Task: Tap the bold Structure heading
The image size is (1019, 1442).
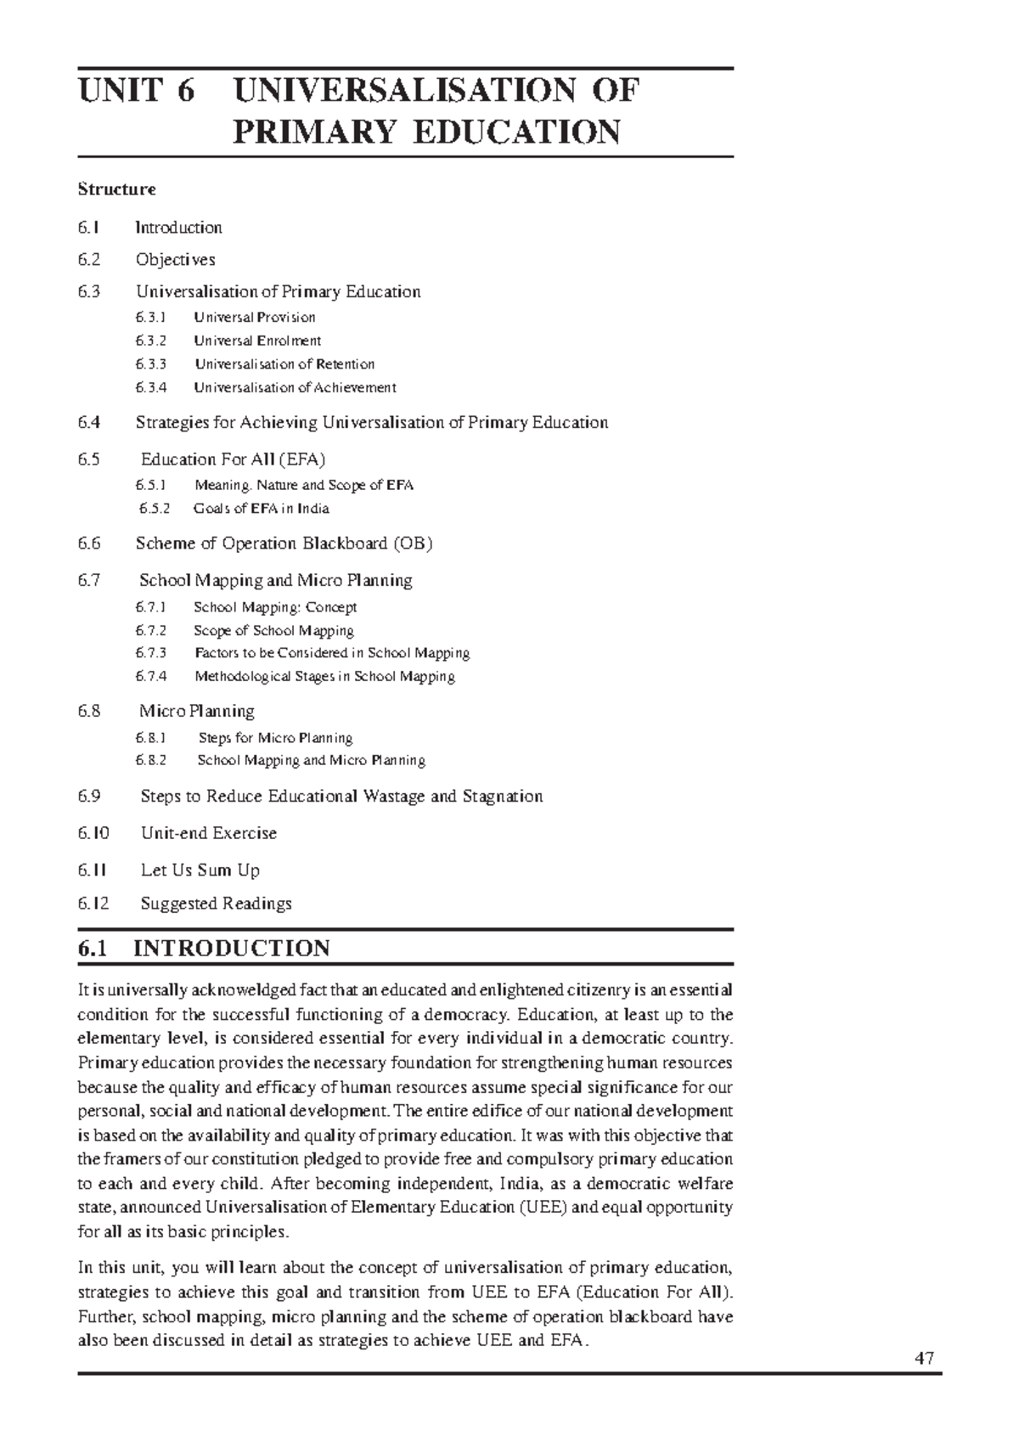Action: tap(116, 189)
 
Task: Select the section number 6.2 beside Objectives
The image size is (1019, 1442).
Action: tap(88, 259)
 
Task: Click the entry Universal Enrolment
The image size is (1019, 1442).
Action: tap(257, 341)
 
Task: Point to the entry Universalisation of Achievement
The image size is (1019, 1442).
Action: tap(295, 387)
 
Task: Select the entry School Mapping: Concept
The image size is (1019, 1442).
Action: tap(275, 607)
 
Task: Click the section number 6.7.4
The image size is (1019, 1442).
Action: tap(150, 677)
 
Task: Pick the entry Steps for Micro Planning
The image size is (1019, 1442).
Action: tap(275, 738)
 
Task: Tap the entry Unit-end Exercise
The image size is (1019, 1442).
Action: tap(209, 833)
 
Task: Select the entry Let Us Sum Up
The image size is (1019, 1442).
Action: tap(200, 870)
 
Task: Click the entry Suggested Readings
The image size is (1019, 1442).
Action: tap(216, 904)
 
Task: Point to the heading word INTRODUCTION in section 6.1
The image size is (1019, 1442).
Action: tap(231, 949)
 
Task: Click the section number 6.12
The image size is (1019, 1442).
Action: tap(93, 904)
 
